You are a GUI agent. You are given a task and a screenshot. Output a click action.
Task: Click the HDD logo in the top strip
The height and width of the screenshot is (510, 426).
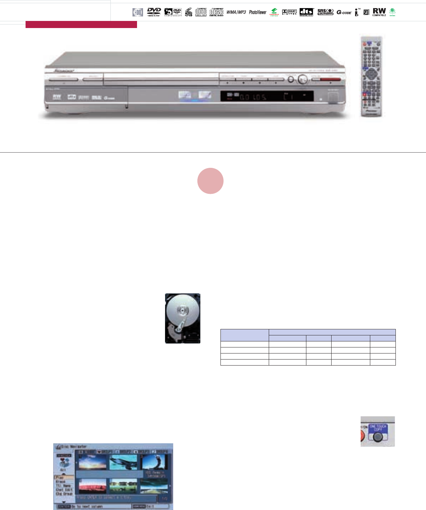[138, 12]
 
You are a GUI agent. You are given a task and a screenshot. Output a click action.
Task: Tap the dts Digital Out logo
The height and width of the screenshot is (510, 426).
[306, 12]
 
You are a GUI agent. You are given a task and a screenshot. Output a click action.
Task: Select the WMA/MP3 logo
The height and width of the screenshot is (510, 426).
[236, 12]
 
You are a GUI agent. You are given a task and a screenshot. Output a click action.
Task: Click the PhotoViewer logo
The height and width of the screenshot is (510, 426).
[258, 12]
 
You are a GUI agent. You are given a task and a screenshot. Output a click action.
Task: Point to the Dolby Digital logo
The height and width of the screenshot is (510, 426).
[289, 12]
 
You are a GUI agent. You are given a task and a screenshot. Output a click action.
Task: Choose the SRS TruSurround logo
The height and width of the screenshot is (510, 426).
[325, 12]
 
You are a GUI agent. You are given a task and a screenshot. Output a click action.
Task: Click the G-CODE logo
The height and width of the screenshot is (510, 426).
[344, 13]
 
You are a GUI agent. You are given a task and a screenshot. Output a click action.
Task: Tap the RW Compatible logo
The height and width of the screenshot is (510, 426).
[379, 12]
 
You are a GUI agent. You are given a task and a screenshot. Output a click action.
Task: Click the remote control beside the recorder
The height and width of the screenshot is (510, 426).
[371, 76]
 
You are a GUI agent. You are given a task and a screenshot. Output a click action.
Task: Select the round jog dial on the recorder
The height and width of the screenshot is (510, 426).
[302, 79]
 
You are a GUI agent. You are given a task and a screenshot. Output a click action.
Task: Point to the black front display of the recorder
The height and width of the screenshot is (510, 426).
[267, 96]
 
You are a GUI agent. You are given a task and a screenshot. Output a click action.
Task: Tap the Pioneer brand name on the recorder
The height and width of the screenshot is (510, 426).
[64, 71]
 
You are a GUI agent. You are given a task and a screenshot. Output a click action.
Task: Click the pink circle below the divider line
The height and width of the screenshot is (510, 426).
[211, 181]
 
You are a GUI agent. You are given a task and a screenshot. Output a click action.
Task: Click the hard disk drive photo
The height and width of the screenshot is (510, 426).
[182, 318]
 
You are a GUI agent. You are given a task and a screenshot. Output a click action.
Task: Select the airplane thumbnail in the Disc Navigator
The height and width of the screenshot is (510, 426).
[123, 462]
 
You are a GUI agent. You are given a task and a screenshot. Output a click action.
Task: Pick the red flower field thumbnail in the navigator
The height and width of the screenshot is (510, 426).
[92, 486]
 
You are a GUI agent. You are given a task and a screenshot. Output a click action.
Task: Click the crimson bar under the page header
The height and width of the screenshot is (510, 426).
[81, 24]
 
